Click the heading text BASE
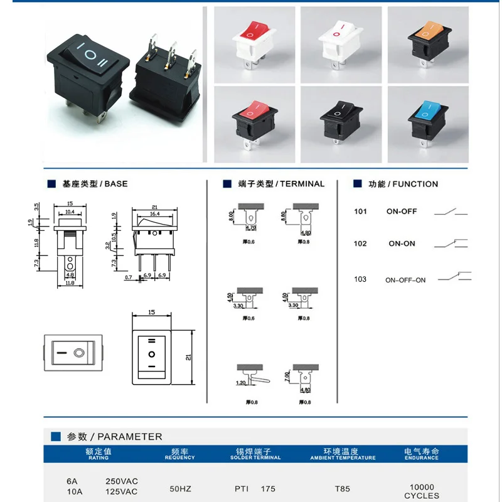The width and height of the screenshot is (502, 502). coord(115,184)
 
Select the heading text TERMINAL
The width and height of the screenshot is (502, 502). coord(302,184)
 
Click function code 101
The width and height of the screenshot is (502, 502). coord(360,211)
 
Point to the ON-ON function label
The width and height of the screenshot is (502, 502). coord(402,243)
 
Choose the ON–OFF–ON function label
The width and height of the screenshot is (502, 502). coord(405,280)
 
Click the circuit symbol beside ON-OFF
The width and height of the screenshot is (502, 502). coord(451,211)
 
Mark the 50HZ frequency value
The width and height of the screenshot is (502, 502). coord(181,488)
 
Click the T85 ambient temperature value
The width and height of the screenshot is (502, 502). coord(343,488)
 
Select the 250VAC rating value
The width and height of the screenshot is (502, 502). coord(121,481)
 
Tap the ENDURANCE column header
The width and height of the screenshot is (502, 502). coord(421,458)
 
